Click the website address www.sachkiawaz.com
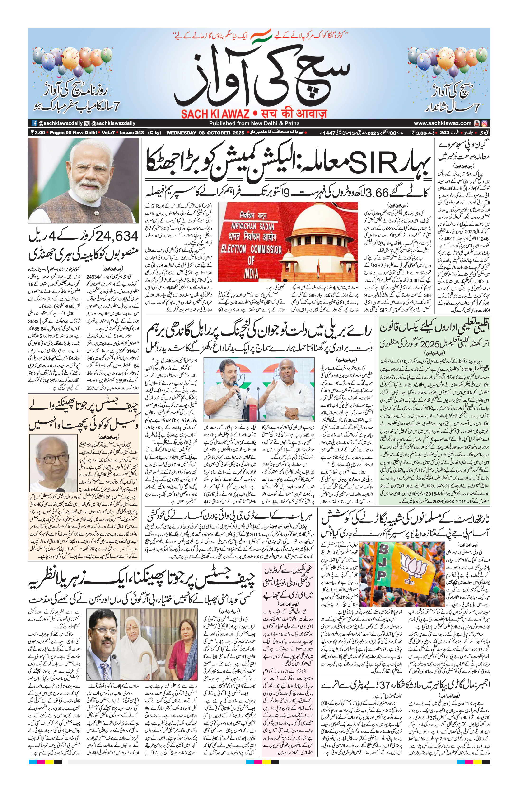pos(443,123)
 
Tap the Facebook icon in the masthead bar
pos(34,123)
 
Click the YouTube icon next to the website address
pos(477,123)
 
